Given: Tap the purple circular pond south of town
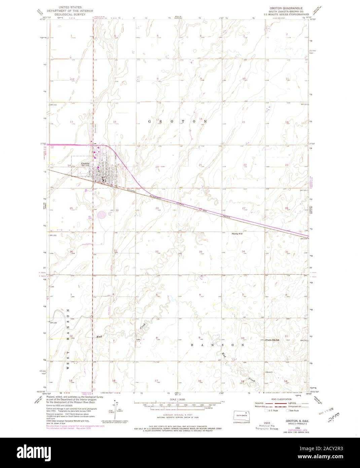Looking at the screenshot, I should (102, 214).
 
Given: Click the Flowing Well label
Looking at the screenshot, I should (237, 233).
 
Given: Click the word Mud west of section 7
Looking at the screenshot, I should (99, 336).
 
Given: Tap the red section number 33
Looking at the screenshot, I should (201, 252).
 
